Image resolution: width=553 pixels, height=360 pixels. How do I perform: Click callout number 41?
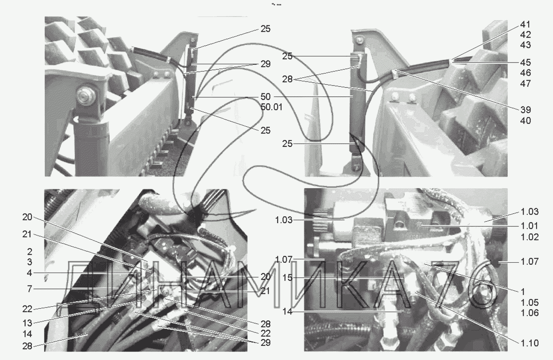click(x=525, y=25)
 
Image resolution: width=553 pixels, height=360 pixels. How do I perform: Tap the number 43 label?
click(x=525, y=45)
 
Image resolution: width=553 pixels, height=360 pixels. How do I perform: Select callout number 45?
click(x=525, y=63)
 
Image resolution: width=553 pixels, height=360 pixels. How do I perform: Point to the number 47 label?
click(x=525, y=84)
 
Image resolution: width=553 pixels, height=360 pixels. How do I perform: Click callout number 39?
click(x=525, y=110)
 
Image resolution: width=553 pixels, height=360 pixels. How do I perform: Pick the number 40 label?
click(x=525, y=121)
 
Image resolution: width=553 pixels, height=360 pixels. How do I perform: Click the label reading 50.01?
click(x=271, y=107)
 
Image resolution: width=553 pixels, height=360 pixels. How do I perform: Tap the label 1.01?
click(x=530, y=226)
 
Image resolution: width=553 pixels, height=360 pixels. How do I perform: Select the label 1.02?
click(x=530, y=237)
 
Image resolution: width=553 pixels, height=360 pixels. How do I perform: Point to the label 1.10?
click(x=530, y=343)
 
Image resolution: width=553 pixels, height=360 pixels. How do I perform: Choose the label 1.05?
click(x=530, y=302)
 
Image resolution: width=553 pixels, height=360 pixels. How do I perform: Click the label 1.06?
click(x=530, y=313)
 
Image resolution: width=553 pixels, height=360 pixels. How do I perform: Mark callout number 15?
click(x=287, y=278)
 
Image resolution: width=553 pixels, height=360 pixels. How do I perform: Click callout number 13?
click(x=27, y=323)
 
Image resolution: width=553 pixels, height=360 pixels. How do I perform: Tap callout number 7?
click(x=29, y=289)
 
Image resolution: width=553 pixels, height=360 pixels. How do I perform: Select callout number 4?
click(x=29, y=273)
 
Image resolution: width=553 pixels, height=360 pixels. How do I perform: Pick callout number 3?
click(x=29, y=262)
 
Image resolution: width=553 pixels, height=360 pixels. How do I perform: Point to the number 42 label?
click(x=525, y=35)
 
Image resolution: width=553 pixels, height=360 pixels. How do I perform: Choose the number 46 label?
click(x=525, y=73)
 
